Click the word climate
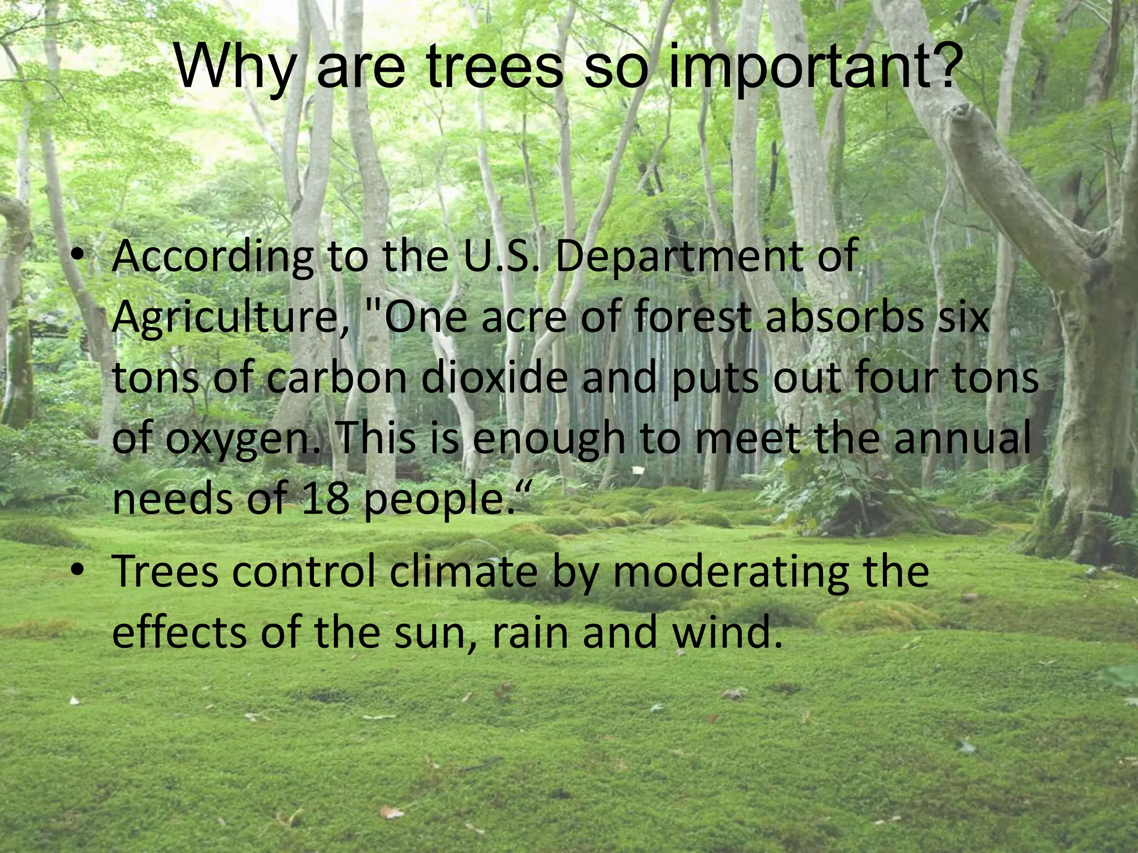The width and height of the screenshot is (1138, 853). [x=464, y=572]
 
